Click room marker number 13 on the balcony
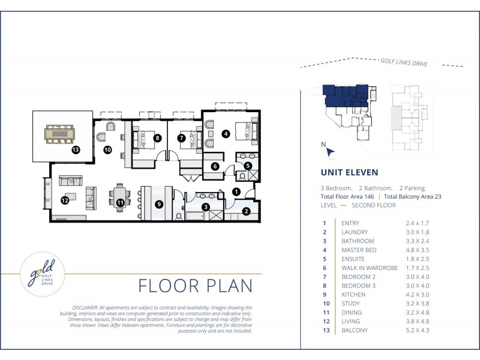click(x=76, y=149)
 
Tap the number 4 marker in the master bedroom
click(x=226, y=134)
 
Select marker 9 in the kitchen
click(x=158, y=204)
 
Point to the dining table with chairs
click(x=119, y=198)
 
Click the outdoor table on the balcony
click(x=59, y=134)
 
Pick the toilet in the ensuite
click(x=242, y=176)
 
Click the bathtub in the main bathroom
click(x=194, y=216)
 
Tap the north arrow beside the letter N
click(x=331, y=152)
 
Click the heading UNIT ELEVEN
click(x=349, y=172)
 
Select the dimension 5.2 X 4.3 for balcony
click(x=417, y=331)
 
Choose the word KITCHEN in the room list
click(x=353, y=295)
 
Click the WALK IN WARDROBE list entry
click(x=370, y=268)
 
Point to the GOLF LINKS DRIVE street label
click(x=404, y=62)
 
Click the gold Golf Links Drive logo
click(x=42, y=274)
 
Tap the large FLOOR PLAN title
click(x=196, y=286)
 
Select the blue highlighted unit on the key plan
click(x=346, y=96)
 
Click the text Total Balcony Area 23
click(x=412, y=197)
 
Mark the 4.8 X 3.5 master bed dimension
click(x=417, y=250)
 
